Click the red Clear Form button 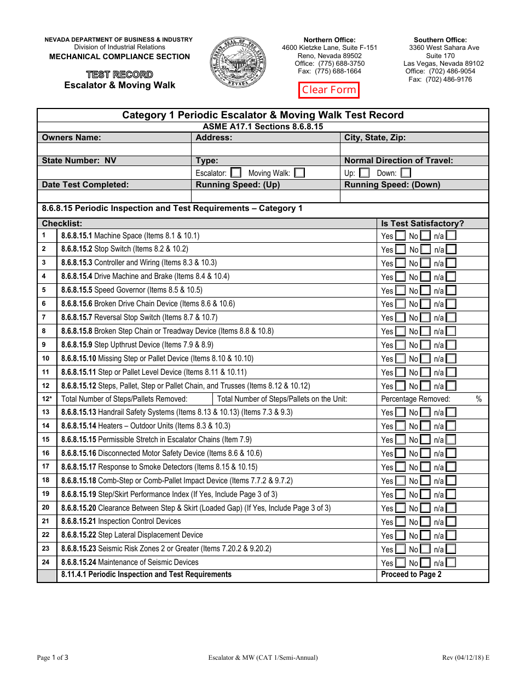coord(329,90)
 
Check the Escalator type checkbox coord(236,173)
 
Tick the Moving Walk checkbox coord(299,173)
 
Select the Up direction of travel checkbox coord(364,173)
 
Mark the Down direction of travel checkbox coord(405,173)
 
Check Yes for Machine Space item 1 coord(401,236)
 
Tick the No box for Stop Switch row coord(425,249)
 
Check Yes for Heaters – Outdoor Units coord(401,426)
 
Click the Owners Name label coord(72,138)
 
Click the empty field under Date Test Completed coord(114,196)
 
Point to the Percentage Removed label coord(415,399)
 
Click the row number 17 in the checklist coord(46,466)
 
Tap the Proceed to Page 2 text coord(411,574)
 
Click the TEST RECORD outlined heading coord(119,75)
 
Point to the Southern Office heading coord(440,40)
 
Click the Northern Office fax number coord(330,71)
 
